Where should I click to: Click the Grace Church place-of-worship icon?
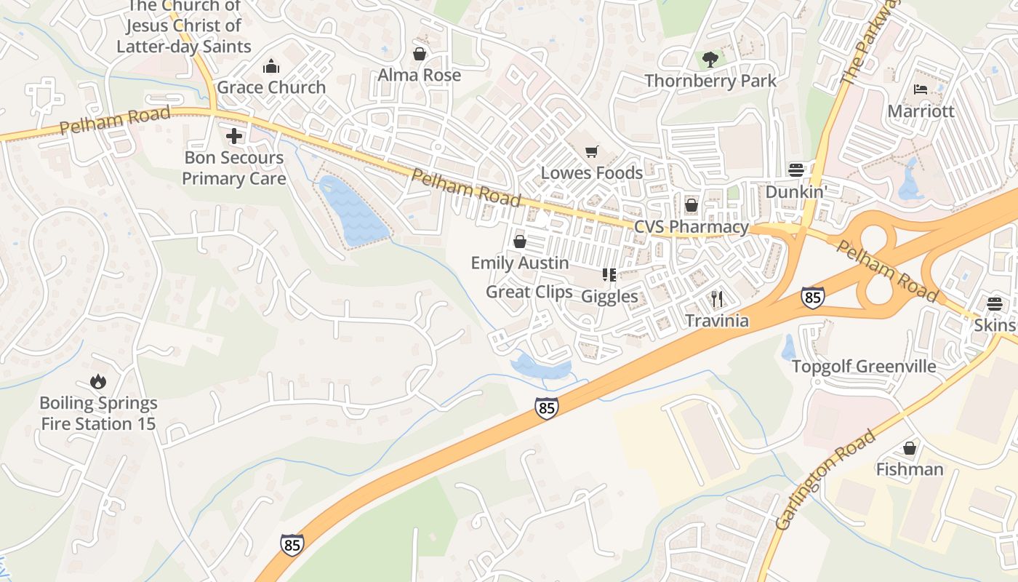click(x=271, y=67)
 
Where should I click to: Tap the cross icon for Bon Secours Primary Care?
click(x=234, y=136)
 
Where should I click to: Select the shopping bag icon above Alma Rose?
click(x=420, y=54)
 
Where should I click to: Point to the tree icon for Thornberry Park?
click(x=710, y=59)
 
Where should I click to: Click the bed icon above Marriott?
click(x=920, y=90)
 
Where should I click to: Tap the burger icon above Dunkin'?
click(x=796, y=170)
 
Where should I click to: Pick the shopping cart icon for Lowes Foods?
click(x=592, y=151)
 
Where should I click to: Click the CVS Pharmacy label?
click(x=691, y=227)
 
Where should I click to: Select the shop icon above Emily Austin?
click(x=520, y=242)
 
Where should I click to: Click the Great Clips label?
click(x=529, y=292)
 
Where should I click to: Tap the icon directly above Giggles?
click(x=609, y=275)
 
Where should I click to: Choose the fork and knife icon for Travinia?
click(x=717, y=299)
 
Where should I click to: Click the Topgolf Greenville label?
click(x=863, y=366)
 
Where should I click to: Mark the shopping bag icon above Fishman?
click(x=909, y=448)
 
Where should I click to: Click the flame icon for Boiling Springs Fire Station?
click(x=98, y=382)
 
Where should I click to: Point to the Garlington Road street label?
click(x=825, y=481)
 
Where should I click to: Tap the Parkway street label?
click(x=867, y=45)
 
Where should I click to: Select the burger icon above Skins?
click(x=994, y=303)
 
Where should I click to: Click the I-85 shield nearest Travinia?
click(x=813, y=297)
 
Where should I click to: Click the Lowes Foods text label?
click(x=592, y=172)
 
